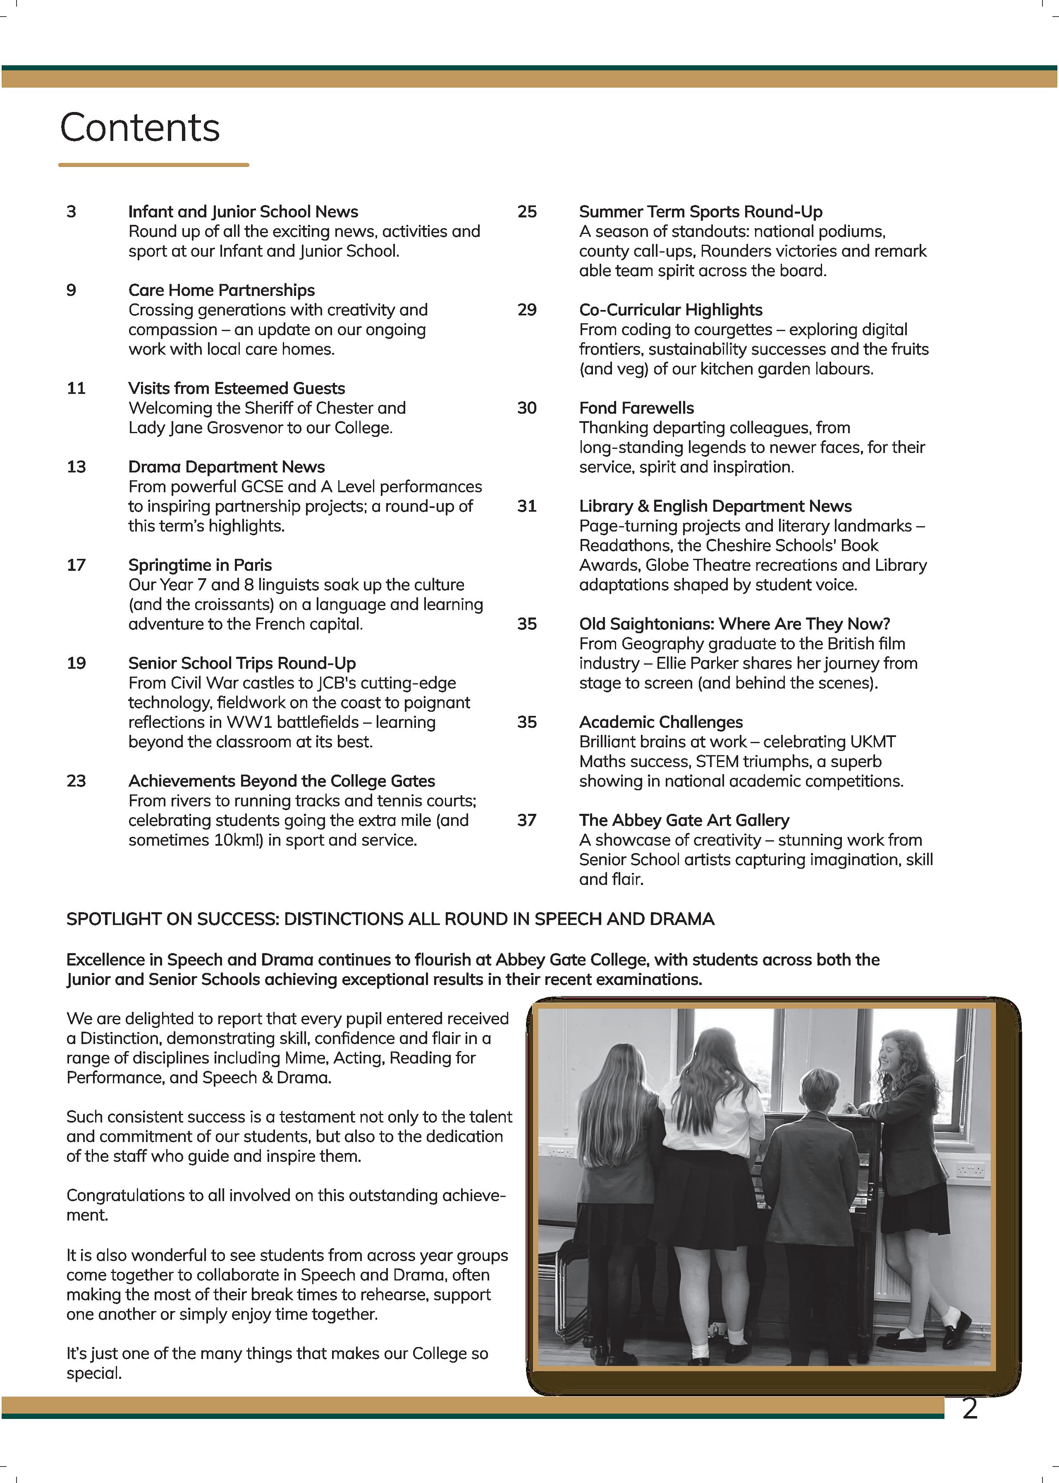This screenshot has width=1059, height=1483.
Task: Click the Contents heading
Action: click(x=140, y=128)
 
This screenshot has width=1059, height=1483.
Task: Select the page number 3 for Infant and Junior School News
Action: click(x=71, y=212)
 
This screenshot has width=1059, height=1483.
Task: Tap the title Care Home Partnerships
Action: click(x=221, y=290)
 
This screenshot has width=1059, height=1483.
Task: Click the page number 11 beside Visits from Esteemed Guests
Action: click(x=76, y=389)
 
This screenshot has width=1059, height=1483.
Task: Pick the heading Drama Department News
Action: click(x=226, y=467)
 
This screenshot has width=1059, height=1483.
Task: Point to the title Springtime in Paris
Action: click(x=200, y=565)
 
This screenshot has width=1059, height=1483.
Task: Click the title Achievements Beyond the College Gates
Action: click(x=281, y=781)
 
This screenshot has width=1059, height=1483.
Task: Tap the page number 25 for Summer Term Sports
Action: click(x=527, y=212)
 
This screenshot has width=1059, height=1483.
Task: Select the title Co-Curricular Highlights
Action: click(x=670, y=310)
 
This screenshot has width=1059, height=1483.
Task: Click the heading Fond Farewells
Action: click(x=636, y=408)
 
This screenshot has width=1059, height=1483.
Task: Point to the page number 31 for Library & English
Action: click(x=527, y=506)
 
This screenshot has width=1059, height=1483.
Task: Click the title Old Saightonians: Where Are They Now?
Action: click(x=734, y=624)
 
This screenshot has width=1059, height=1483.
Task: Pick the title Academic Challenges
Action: click(x=660, y=722)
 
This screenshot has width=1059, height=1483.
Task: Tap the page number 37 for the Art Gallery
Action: click(x=527, y=820)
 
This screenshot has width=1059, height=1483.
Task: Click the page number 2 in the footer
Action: click(x=970, y=1409)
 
